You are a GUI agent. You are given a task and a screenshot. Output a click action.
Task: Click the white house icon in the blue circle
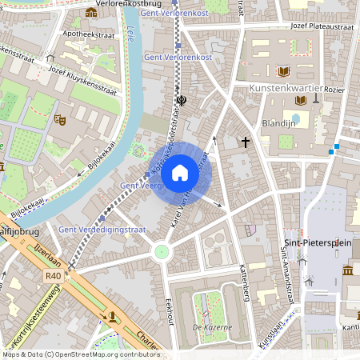(x=180, y=172)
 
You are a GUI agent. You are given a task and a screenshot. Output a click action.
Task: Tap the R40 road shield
(x=54, y=275)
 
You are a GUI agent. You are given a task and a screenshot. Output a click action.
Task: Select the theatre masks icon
(x=59, y=119)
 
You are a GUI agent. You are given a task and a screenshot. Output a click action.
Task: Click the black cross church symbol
(x=245, y=142)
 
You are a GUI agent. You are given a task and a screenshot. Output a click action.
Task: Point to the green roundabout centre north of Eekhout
(x=162, y=252)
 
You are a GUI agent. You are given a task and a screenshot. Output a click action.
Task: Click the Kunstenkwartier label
(x=286, y=87)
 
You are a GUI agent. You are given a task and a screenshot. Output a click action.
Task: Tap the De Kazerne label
(x=211, y=327)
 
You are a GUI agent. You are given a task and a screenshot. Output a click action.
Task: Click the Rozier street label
(x=334, y=90)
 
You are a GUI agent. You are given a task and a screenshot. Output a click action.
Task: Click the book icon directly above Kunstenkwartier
(x=283, y=71)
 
